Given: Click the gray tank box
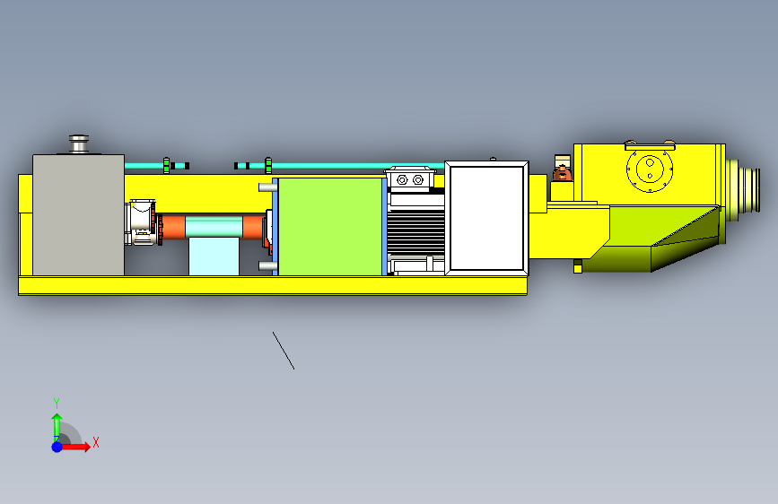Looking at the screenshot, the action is (78, 215).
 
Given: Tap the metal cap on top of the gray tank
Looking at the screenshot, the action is (79, 143).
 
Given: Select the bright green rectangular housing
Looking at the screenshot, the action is (330, 227).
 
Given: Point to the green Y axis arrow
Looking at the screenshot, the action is (57, 427).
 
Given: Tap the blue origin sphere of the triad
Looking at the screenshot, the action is (57, 447).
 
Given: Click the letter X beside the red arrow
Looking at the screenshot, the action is (96, 442).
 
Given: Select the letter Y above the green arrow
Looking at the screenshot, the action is (57, 404).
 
